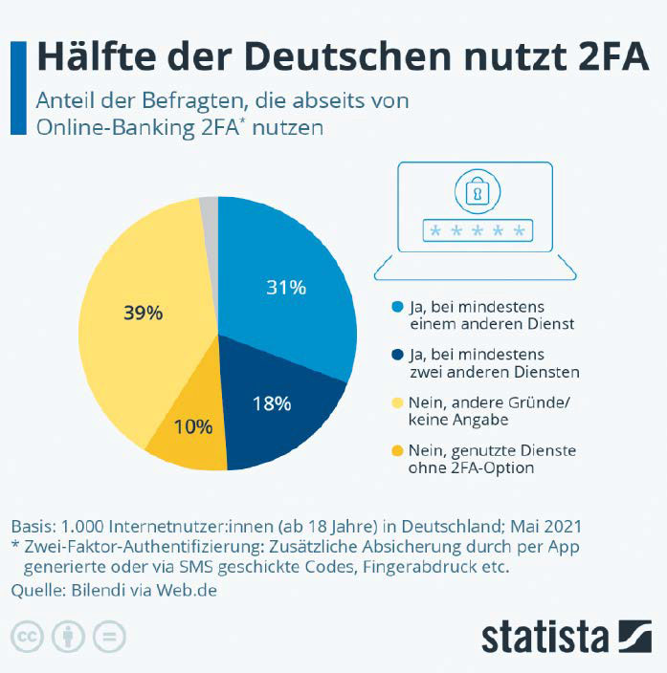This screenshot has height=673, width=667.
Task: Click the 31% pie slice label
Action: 286,287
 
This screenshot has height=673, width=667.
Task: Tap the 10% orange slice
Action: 193,427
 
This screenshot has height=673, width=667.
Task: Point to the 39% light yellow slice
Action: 144,313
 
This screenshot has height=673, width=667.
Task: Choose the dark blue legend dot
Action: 398,355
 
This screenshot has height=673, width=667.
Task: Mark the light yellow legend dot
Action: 398,402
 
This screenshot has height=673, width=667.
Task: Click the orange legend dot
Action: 398,450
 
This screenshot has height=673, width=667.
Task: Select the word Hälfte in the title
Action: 95,56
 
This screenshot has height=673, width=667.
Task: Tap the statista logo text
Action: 545,636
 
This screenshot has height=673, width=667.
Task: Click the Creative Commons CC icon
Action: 28,636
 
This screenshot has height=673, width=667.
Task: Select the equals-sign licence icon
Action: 109,636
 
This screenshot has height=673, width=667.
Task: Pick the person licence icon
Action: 68,636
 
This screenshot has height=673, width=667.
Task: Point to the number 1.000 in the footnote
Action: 81,527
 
